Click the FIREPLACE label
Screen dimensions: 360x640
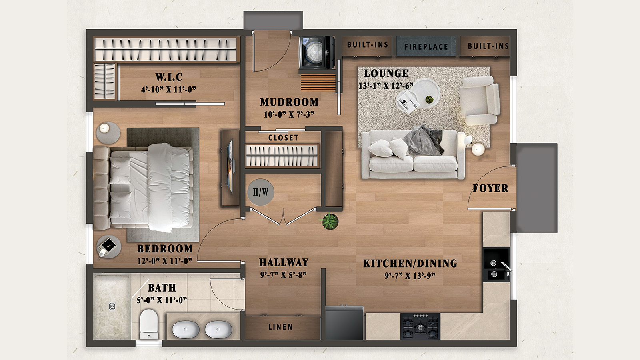(426, 47)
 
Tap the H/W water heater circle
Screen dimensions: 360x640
(261, 192)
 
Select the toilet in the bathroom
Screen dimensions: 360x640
(149, 324)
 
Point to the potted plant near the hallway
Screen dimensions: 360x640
(330, 221)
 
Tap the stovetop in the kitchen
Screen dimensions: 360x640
(420, 326)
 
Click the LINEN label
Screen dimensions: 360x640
(280, 327)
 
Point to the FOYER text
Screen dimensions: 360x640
(490, 188)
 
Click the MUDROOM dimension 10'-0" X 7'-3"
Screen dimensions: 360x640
(289, 115)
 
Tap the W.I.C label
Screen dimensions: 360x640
(169, 77)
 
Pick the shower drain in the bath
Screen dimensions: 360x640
(112, 306)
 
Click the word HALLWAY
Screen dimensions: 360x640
(284, 262)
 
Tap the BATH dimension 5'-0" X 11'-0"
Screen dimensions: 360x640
(162, 300)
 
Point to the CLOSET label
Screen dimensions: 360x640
(283, 138)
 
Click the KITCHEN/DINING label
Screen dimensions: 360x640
(410, 264)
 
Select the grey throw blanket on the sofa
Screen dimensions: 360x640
(424, 140)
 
